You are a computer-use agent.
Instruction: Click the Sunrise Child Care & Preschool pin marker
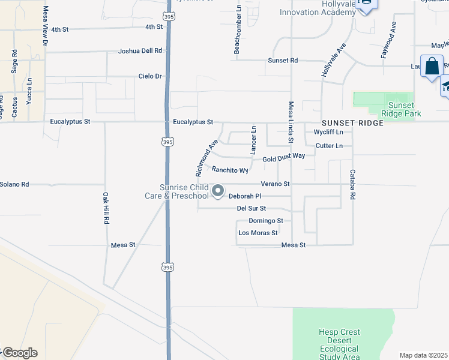pos(218,191)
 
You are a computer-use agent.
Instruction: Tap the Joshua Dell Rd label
pos(140,51)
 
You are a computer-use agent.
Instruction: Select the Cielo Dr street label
pos(150,76)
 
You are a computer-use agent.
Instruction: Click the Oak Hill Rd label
pos(105,208)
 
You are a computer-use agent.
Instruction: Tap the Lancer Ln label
pos(253,138)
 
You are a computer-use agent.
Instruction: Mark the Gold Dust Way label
pos(284,156)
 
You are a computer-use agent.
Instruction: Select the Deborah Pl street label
pos(245,196)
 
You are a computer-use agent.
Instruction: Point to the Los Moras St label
pos(258,233)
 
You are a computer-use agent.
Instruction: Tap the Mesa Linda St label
pos(291,122)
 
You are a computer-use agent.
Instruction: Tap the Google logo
pos(20,353)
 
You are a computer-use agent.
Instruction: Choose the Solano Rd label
pos(14,184)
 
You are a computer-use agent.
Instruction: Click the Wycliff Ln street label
pos(328,132)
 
